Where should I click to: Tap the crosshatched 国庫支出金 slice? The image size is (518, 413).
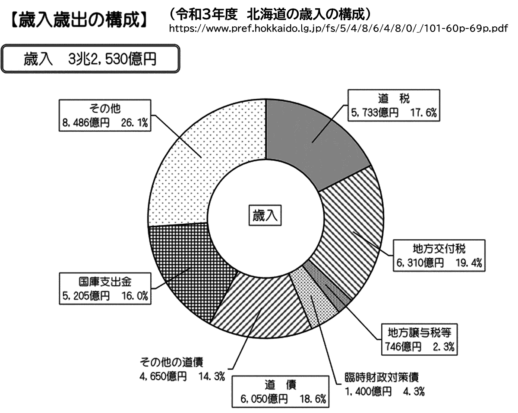click(190, 267)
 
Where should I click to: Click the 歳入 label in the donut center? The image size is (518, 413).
click(265, 216)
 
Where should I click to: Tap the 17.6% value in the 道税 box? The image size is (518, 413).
click(423, 113)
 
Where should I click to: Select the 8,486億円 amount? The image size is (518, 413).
click(86, 123)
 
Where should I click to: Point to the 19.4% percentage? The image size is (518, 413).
click(469, 263)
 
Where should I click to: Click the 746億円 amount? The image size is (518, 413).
click(403, 347)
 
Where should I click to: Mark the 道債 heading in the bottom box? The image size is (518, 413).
click(281, 385)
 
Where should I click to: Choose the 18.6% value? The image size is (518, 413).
click(313, 399)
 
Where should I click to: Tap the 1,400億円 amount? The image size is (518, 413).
click(368, 391)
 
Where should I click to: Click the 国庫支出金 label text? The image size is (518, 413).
click(105, 282)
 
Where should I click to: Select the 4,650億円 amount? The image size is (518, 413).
click(163, 376)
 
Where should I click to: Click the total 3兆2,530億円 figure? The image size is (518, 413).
click(112, 59)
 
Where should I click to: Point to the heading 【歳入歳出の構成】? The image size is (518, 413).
click(79, 20)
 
